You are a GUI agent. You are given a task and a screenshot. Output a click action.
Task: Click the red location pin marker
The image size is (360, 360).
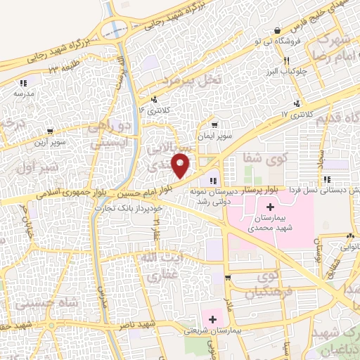click(181, 165)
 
